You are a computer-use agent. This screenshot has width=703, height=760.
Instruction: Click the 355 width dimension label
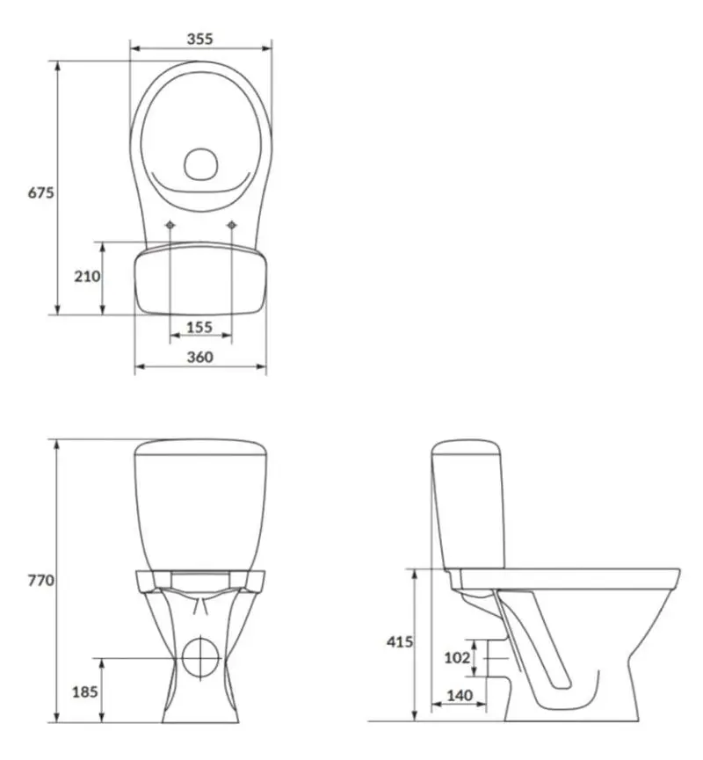point(199,39)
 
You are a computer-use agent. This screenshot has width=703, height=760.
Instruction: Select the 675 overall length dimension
point(40,192)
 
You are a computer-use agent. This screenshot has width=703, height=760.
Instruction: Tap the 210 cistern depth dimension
point(87,276)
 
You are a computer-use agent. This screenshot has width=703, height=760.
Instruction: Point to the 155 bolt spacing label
point(199,327)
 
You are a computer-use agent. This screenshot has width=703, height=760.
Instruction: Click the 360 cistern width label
point(199,358)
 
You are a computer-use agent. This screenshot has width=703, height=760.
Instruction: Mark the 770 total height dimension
point(40,580)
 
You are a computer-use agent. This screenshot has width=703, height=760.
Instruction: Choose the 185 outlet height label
point(85,691)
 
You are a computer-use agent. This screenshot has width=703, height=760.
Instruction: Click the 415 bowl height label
point(400,641)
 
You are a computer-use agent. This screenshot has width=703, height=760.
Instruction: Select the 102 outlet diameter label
point(457,658)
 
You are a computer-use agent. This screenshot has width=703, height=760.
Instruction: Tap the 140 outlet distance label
point(459,696)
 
